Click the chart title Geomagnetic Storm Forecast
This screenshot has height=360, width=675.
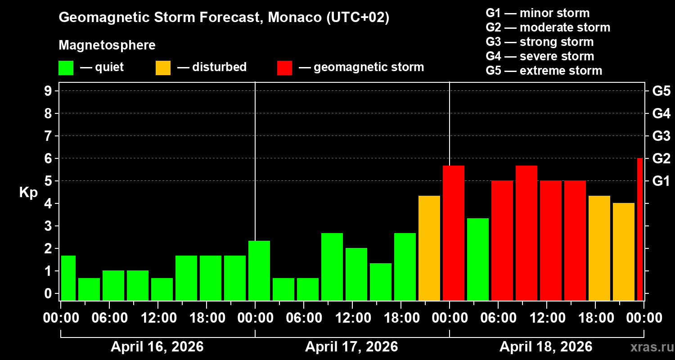pyautogui.click(x=224, y=18)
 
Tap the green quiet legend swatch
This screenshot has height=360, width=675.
pyautogui.click(x=66, y=67)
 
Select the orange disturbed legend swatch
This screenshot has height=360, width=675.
pyautogui.click(x=163, y=67)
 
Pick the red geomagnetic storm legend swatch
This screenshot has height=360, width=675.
pyautogui.click(x=284, y=67)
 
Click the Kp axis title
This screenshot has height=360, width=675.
pyautogui.click(x=28, y=192)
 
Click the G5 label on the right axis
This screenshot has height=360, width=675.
pyautogui.click(x=661, y=91)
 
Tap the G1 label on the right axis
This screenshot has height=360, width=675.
pyautogui.click(x=661, y=181)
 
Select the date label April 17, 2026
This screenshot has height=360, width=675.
pyautogui.click(x=351, y=347)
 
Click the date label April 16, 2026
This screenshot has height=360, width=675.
pyautogui.click(x=157, y=347)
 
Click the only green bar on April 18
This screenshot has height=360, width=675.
pyautogui.click(x=478, y=259)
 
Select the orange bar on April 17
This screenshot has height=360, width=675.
pyautogui.click(x=429, y=248)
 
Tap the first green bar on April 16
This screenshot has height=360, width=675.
pyautogui.click(x=68, y=278)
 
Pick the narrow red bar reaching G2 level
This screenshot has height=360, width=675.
pyautogui.click(x=640, y=229)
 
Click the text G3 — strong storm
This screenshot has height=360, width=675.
pyautogui.click(x=540, y=42)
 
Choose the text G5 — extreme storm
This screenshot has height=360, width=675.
pyautogui.click(x=544, y=71)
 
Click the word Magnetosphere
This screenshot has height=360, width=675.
pyautogui.click(x=107, y=45)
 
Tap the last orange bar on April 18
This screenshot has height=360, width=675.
pyautogui.click(x=624, y=252)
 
